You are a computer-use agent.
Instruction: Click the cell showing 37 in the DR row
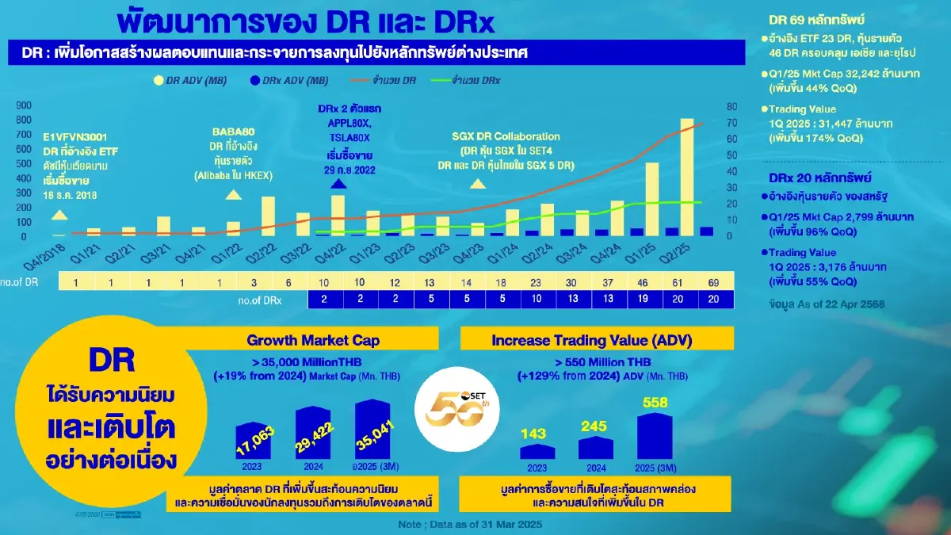pos(606,282)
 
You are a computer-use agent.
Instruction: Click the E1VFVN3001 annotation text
pos(77,136)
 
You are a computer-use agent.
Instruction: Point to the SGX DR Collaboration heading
pos(506,136)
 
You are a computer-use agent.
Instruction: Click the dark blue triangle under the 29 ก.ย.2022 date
pos(338,184)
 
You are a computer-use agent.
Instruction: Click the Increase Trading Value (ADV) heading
pos(593,341)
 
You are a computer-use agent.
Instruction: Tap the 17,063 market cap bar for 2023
pos(255,441)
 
